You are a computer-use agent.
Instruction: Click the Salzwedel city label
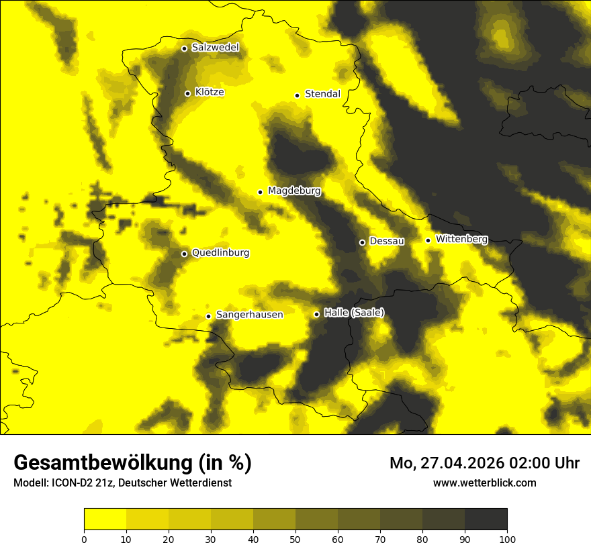[x=215, y=48]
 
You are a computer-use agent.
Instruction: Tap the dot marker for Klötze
[x=187, y=93]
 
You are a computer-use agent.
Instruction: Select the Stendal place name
[x=322, y=94]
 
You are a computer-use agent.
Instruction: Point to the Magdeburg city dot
[x=260, y=192]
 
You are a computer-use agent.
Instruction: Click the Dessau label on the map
[x=387, y=241]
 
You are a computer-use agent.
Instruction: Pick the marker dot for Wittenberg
[x=428, y=240]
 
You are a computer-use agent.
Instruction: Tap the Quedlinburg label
[x=220, y=253]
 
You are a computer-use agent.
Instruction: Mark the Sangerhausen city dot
[x=208, y=316]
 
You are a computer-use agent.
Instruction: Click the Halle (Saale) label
[x=354, y=313]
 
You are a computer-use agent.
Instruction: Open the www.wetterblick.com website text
[x=484, y=483]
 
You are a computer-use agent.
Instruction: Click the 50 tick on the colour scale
[x=295, y=539]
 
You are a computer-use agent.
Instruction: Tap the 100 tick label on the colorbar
[x=507, y=539]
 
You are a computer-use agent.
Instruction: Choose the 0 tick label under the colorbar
[x=84, y=539]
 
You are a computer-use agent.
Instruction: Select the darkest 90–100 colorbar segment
[x=486, y=519]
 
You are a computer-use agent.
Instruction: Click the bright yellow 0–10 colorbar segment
[x=105, y=519]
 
